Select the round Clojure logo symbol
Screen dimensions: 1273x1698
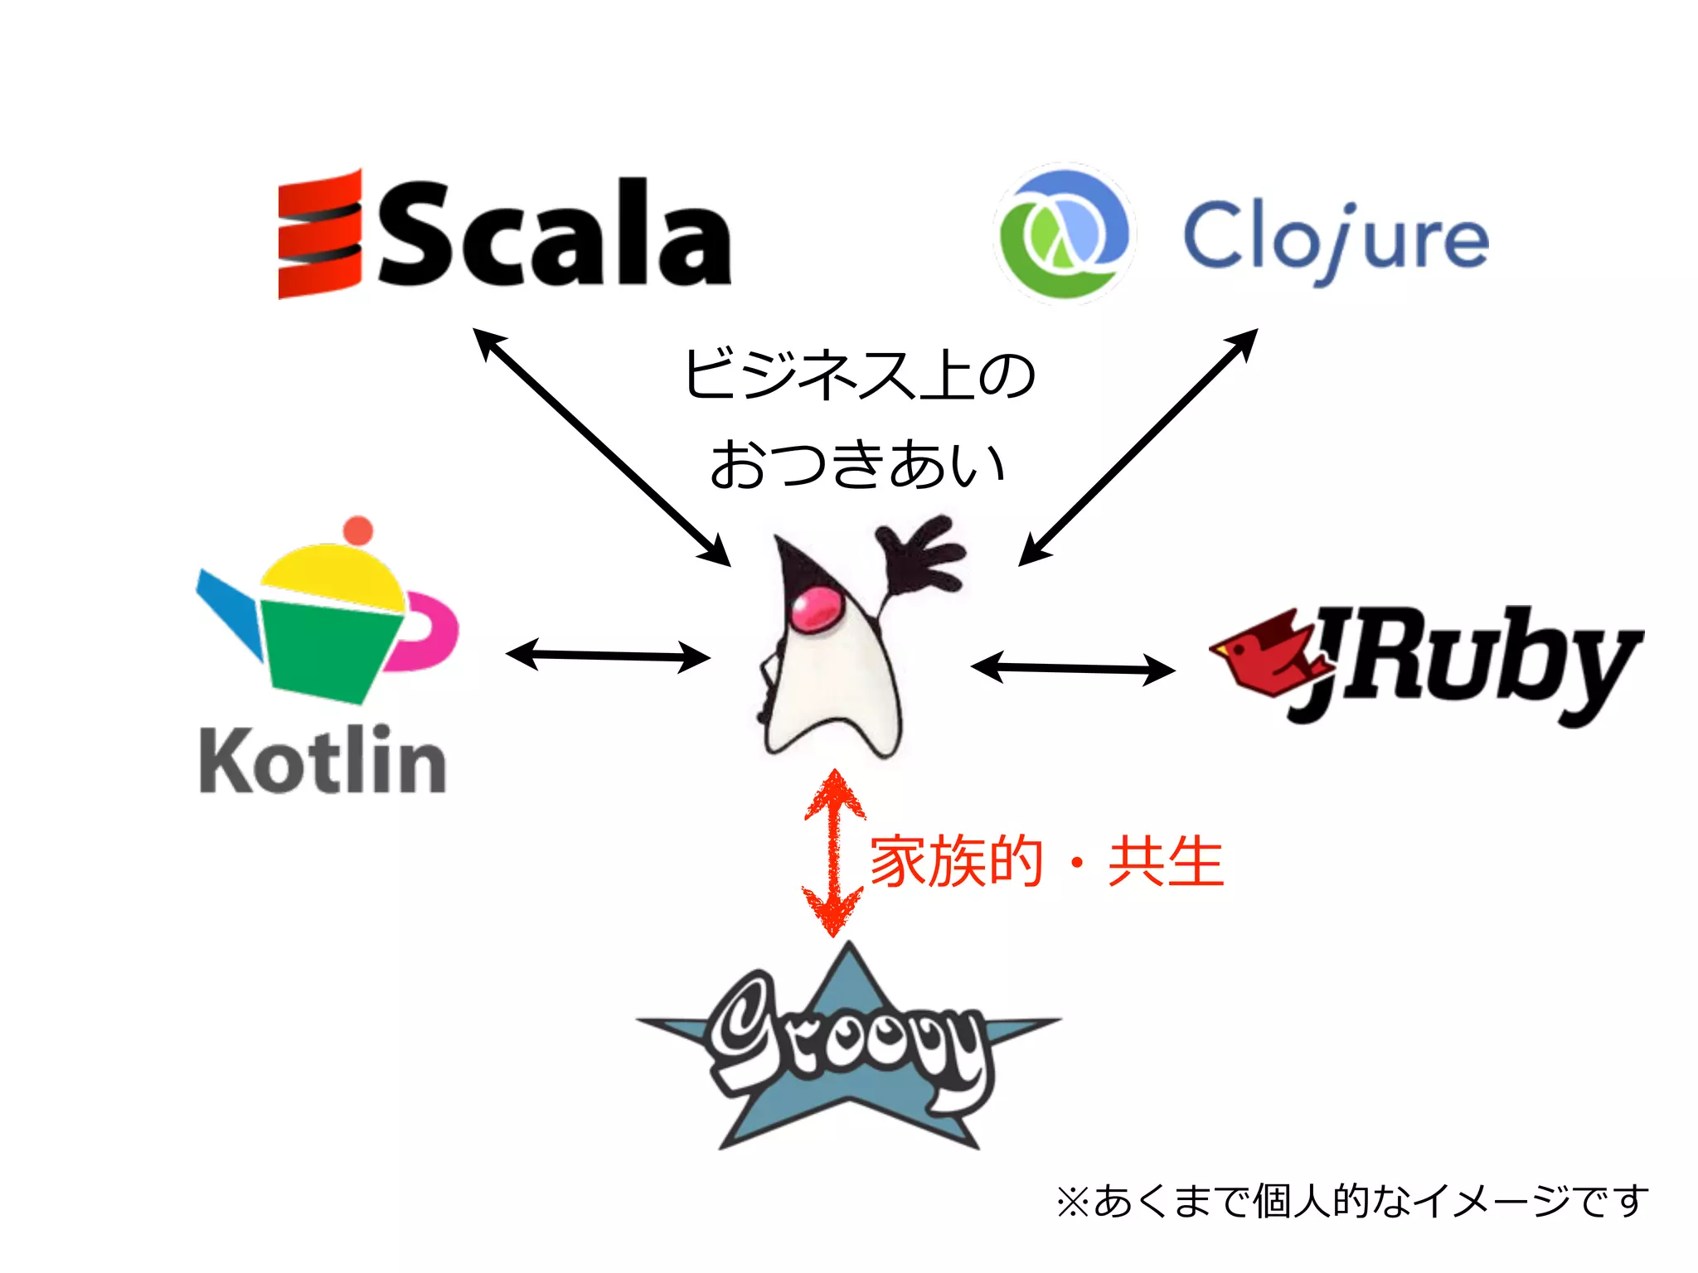pos(1064,235)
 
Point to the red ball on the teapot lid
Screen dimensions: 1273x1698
pos(358,530)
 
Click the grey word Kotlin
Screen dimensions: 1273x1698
pos(323,761)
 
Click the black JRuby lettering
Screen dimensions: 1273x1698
pos(1476,663)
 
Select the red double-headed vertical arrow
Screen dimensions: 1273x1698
pos(835,854)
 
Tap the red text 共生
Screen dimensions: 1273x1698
pos(1166,862)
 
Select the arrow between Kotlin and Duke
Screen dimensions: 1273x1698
pos(608,656)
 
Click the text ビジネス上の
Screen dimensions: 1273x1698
pos(859,375)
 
